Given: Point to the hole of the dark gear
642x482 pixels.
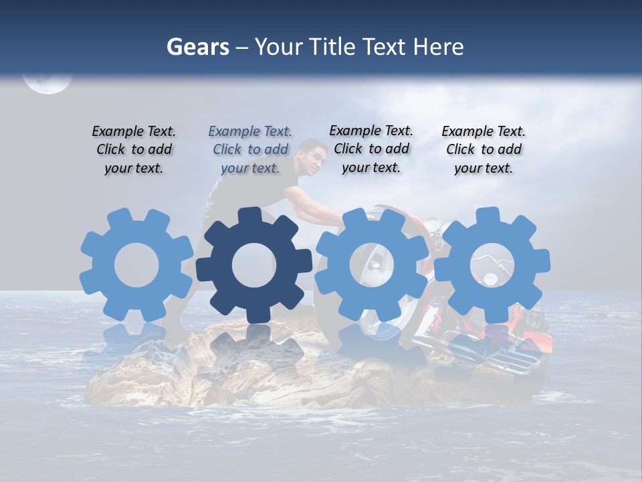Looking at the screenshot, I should (x=254, y=265).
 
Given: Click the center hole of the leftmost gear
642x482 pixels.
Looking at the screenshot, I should (x=136, y=265).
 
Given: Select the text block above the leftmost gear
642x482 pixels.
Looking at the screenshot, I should (x=134, y=149).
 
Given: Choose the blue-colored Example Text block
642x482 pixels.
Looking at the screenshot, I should (x=250, y=149).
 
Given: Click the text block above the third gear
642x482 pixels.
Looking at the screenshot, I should (x=371, y=149).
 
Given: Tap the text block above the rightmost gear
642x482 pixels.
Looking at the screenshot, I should (x=484, y=149).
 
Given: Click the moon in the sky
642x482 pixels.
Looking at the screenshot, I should (x=47, y=82).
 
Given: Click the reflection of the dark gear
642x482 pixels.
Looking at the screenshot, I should (x=254, y=348).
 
